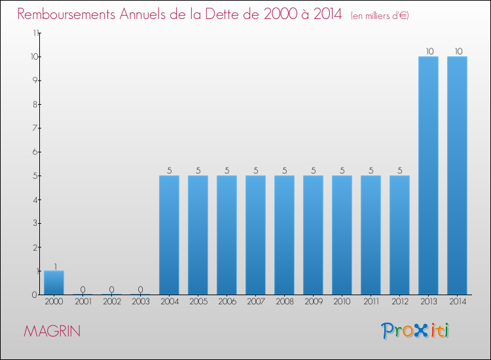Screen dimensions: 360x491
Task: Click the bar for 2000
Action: pyautogui.click(x=54, y=283)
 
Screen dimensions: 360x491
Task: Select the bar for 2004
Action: pyautogui.click(x=169, y=235)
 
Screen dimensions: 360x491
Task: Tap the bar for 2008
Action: pyautogui.click(x=284, y=235)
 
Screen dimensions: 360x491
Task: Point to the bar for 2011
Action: pyautogui.click(x=371, y=235)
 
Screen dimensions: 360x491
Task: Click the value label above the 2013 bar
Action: pyautogui.click(x=428, y=51)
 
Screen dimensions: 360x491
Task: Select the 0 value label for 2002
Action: pyautogui.click(x=111, y=289)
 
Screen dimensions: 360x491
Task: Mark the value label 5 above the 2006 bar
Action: pyautogui.click(x=227, y=170)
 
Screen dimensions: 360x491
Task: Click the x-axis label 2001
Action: pyautogui.click(x=82, y=302)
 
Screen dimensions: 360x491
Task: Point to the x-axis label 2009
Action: pyautogui.click(x=313, y=302)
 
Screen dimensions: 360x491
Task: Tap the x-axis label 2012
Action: pyautogui.click(x=399, y=302)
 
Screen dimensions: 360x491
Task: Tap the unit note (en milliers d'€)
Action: pyautogui.click(x=380, y=16)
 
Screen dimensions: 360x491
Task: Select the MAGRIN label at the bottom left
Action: pyautogui.click(x=52, y=331)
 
